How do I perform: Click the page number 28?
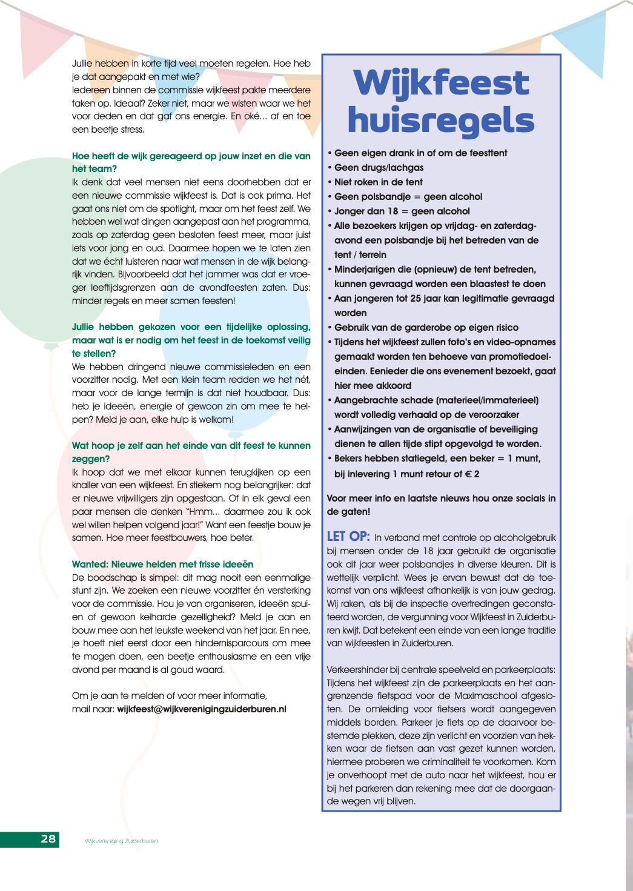[48, 839]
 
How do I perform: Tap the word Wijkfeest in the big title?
[442, 83]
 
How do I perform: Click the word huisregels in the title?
[441, 120]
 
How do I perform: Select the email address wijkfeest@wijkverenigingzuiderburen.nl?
[202, 709]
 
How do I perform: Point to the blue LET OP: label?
[348, 536]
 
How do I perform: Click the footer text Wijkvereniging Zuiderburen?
[121, 841]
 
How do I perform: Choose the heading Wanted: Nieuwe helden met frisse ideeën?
[162, 564]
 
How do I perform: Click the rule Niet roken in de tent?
[379, 182]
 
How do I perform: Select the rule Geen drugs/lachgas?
[379, 167]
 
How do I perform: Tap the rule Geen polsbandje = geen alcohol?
[408, 196]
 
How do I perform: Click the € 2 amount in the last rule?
[472, 474]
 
